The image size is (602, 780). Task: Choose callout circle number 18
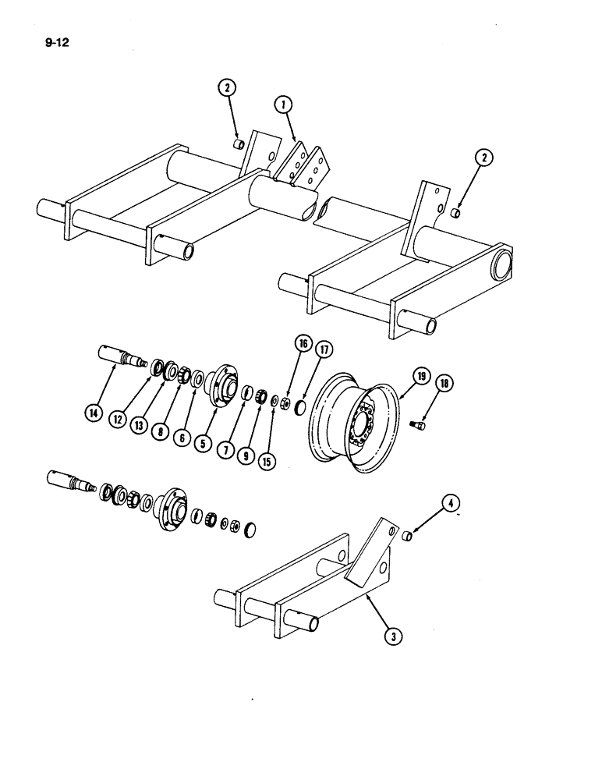tap(445, 384)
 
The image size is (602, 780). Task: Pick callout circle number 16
tap(301, 343)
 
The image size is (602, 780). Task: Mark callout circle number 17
tap(324, 349)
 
